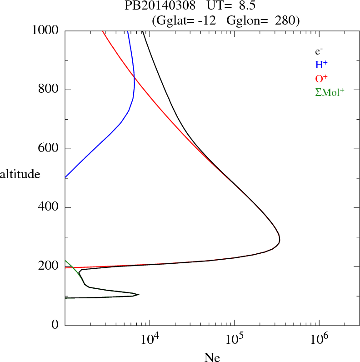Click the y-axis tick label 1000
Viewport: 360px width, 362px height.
point(45,30)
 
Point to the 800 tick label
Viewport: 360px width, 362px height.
point(49,90)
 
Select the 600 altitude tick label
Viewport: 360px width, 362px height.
point(49,149)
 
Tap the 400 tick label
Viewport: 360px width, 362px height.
point(49,208)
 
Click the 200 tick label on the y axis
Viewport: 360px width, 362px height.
point(49,266)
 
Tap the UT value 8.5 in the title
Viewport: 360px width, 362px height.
point(244,6)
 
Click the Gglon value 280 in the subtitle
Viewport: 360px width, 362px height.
point(286,20)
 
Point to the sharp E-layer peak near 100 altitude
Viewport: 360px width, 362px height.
point(138,294)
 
